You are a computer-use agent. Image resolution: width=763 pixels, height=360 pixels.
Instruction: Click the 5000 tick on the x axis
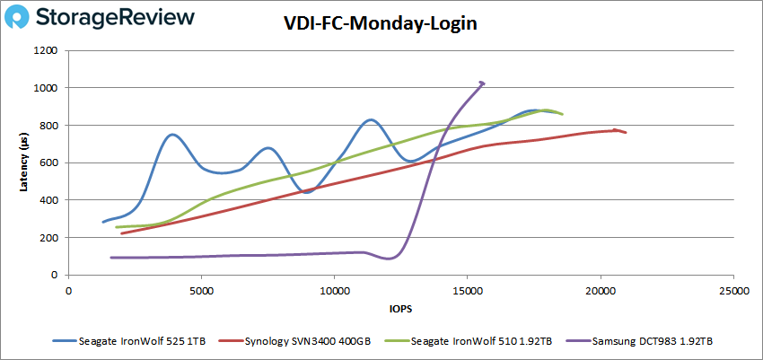click(x=201, y=291)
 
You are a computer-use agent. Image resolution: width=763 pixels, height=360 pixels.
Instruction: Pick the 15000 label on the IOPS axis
click(x=467, y=291)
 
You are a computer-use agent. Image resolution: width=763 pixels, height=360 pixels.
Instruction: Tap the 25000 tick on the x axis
click(x=732, y=291)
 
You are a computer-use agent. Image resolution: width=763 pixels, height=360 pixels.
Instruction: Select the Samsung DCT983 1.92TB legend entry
click(x=652, y=342)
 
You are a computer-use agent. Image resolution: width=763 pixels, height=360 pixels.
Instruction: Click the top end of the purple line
click(x=482, y=83)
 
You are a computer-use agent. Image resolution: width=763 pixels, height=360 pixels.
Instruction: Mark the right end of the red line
click(x=626, y=133)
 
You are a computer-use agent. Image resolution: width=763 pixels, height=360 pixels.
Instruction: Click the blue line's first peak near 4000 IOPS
click(x=171, y=135)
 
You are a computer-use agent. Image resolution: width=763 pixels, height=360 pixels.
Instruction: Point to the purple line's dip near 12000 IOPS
click(x=388, y=259)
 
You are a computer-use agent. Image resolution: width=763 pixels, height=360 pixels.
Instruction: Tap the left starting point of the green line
click(x=116, y=227)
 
